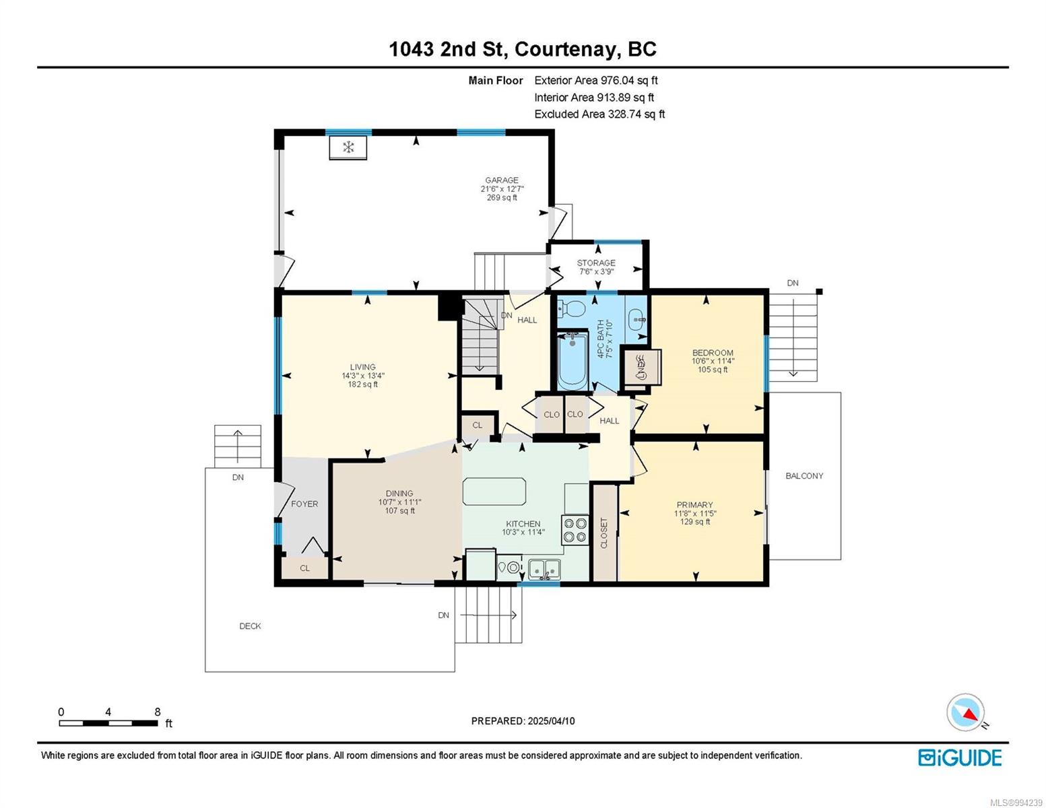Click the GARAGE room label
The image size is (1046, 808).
click(501, 180)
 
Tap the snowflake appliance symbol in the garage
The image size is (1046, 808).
click(348, 147)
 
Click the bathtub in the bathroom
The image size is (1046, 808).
click(573, 361)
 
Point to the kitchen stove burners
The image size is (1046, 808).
click(575, 530)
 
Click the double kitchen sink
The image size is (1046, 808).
click(544, 570)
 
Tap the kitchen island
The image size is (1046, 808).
click(494, 491)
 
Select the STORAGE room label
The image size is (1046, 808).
click(596, 263)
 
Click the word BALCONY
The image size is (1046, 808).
click(804, 475)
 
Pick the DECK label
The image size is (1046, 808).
click(250, 626)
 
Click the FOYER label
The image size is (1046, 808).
click(304, 504)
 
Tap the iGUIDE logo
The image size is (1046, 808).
click(959, 757)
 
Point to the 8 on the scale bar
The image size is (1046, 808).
click(158, 712)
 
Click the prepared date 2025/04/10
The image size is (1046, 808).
click(551, 721)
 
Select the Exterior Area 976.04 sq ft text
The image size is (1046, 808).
click(596, 80)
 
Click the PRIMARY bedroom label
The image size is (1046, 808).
click(694, 504)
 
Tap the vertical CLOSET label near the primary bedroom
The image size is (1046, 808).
click(604, 533)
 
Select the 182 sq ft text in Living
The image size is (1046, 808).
click(362, 384)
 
